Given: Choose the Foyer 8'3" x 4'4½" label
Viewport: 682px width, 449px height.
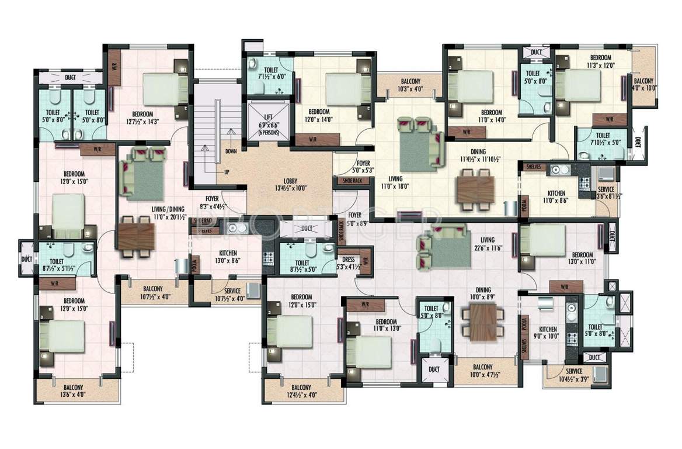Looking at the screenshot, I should tap(211, 202).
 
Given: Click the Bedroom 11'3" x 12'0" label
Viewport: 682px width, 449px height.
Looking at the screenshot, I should tap(600, 61).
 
